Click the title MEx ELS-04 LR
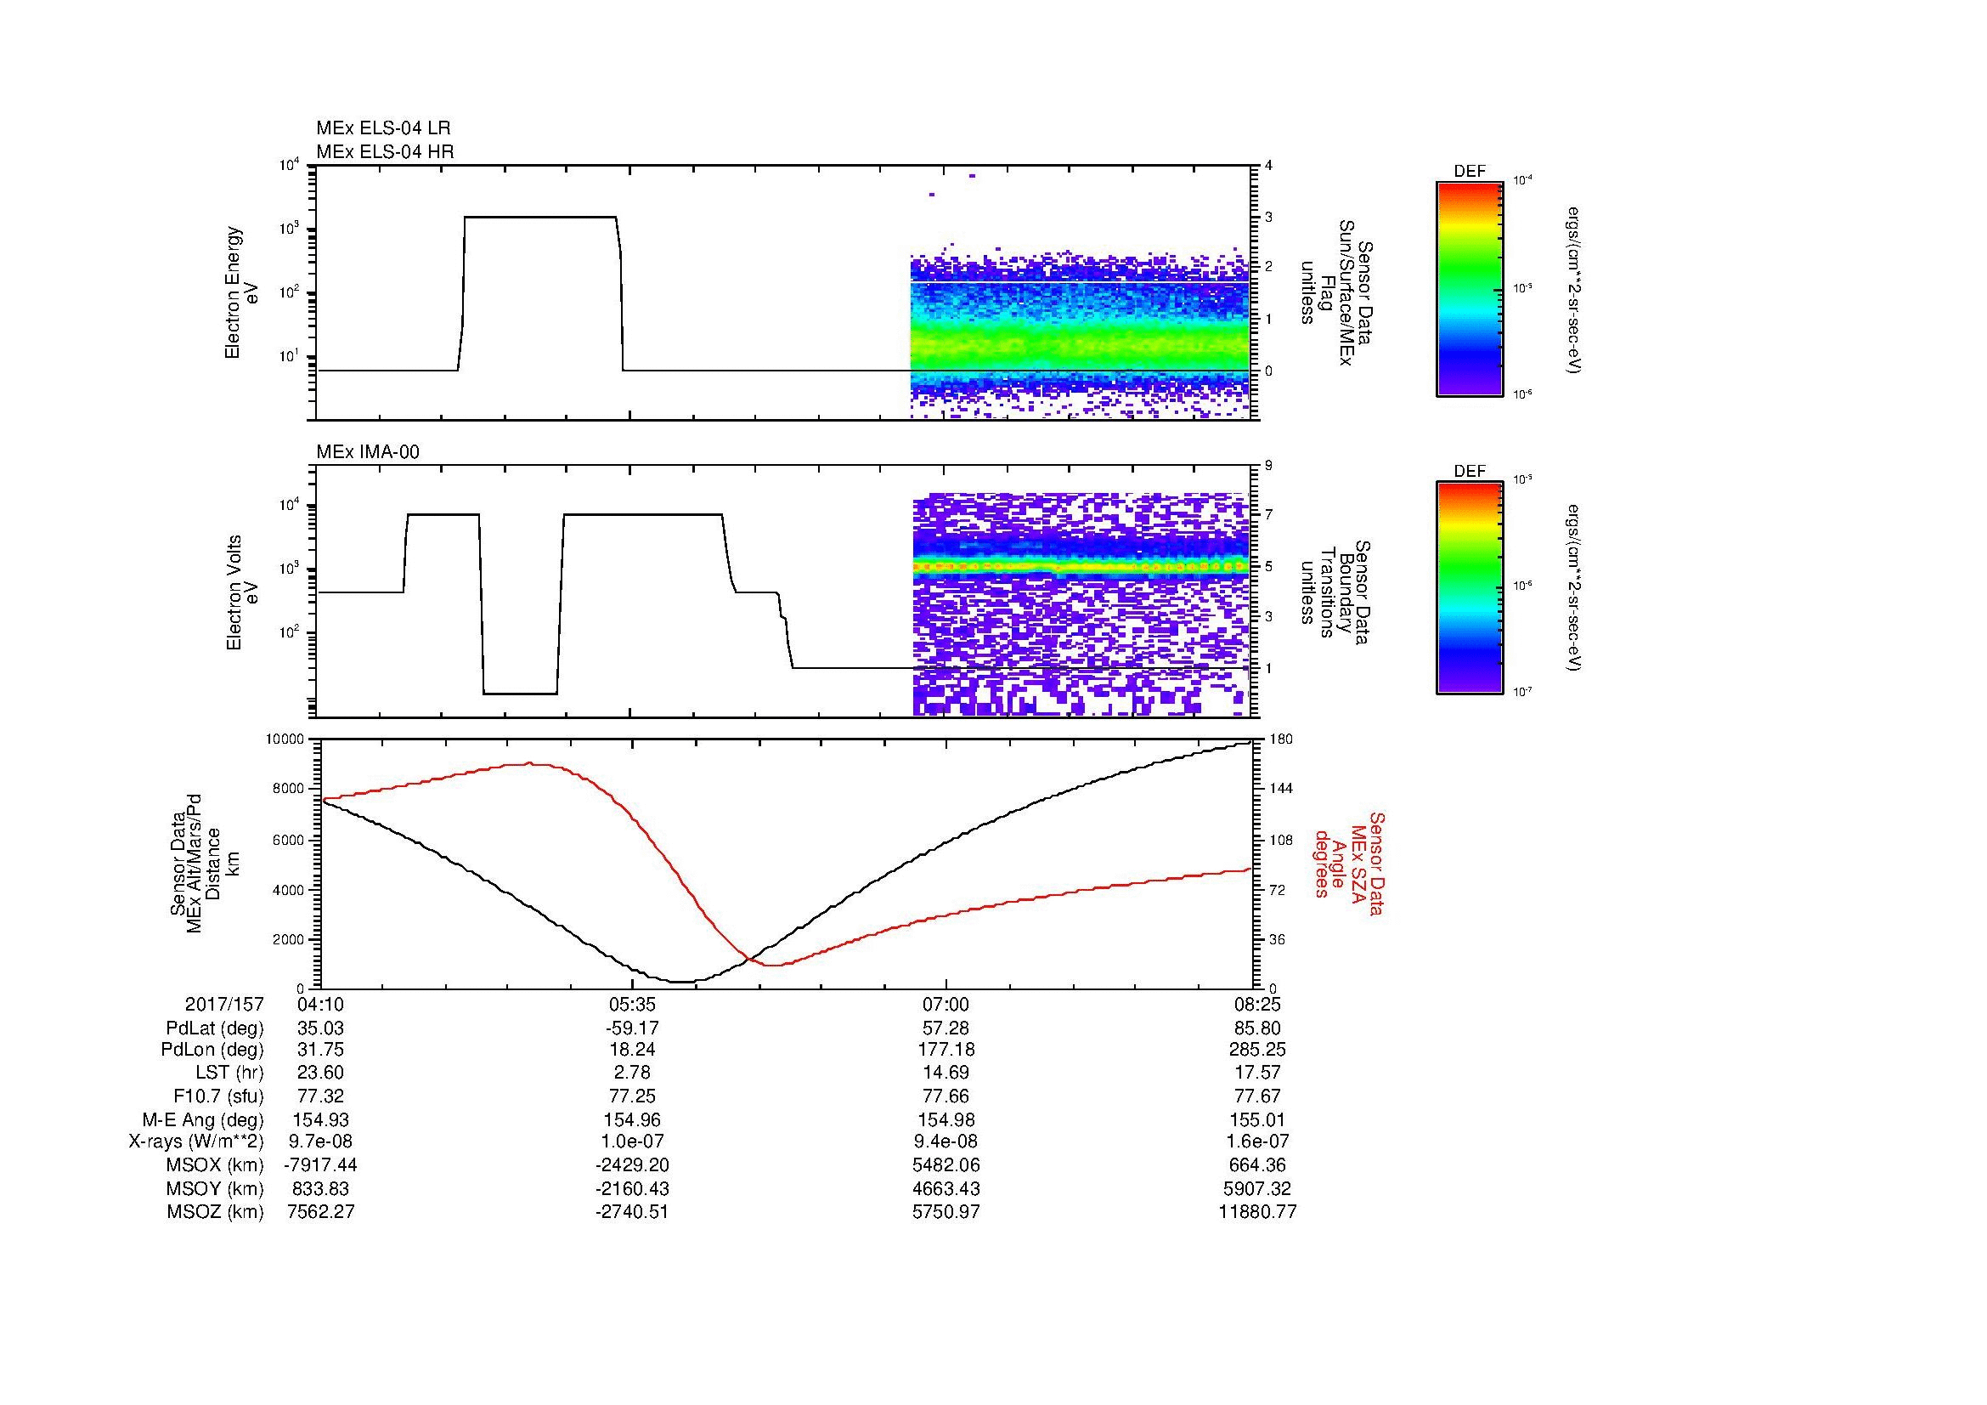[382, 129]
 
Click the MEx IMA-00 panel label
[368, 452]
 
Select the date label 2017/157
[224, 1005]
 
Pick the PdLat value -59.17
[632, 1028]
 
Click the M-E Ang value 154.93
[320, 1120]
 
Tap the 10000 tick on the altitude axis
[285, 739]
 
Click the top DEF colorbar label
[1469, 173]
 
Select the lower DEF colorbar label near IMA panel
[1469, 472]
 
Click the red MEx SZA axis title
[1349, 864]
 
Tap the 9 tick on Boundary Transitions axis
[1268, 466]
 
